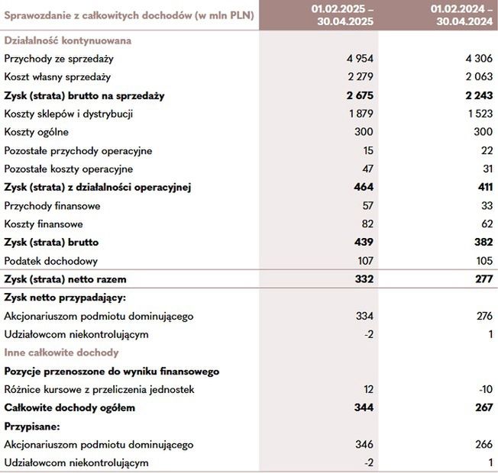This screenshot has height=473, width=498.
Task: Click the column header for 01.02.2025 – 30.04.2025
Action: tap(340, 14)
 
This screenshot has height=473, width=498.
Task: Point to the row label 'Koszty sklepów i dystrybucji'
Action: tap(69, 114)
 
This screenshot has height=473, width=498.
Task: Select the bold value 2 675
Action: tap(357, 95)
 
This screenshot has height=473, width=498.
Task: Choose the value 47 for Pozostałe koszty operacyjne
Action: tap(368, 169)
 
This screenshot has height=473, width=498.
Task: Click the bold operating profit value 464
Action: tap(364, 187)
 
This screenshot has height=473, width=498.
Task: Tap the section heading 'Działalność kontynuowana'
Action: tap(67, 40)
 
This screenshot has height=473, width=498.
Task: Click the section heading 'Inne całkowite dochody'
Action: tap(61, 352)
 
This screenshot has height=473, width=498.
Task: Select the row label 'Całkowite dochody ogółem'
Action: tap(70, 407)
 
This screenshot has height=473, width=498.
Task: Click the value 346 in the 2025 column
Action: tap(365, 444)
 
